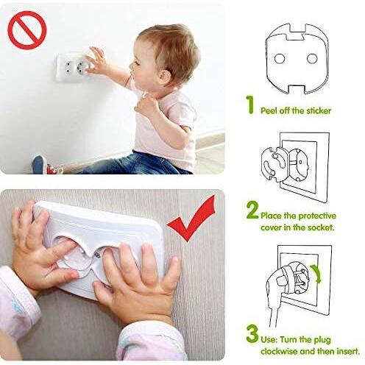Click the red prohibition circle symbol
click(27, 30)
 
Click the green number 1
click(250, 104)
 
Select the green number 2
click(252, 210)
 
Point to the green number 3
click(252, 333)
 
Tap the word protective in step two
click(317, 216)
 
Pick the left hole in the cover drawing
click(279, 59)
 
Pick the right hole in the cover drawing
click(312, 59)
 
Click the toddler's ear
click(165, 75)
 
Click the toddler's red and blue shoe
click(46, 165)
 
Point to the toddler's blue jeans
click(138, 163)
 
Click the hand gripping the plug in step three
click(277, 282)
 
